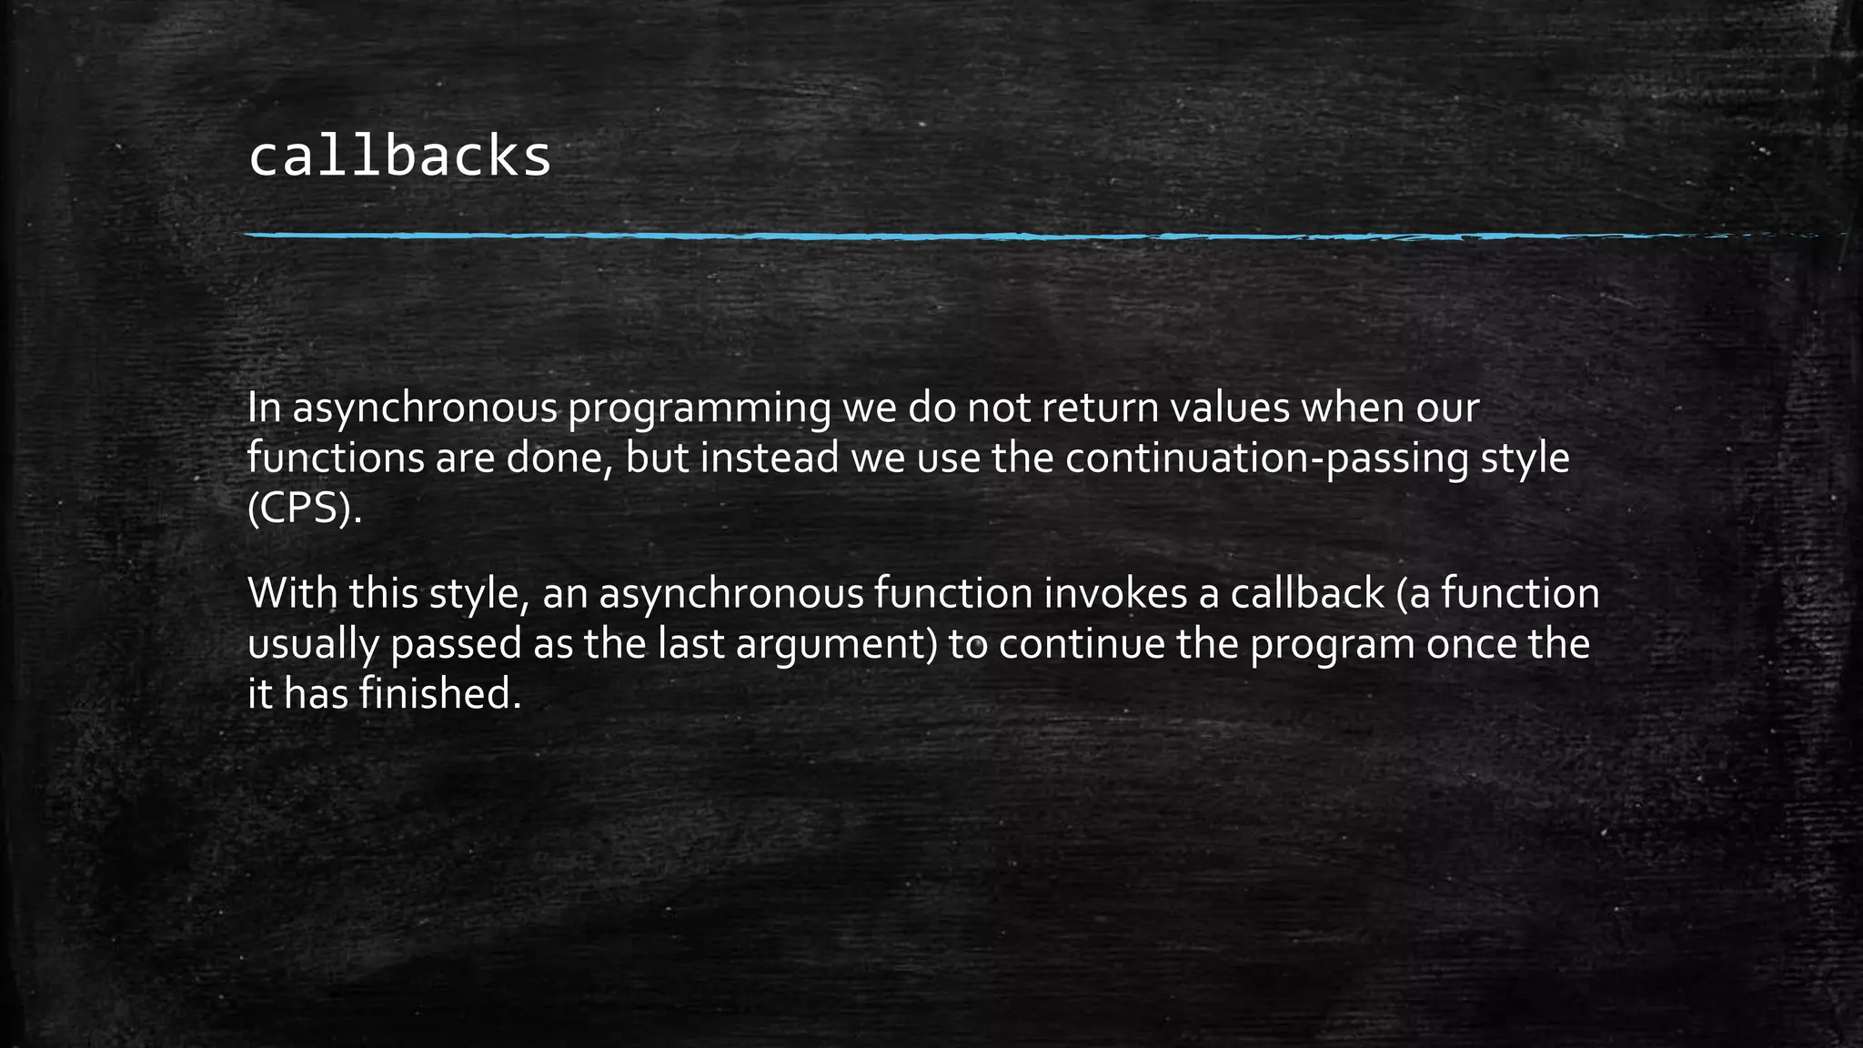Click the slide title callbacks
click(399, 156)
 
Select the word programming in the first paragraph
click(700, 408)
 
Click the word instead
click(769, 458)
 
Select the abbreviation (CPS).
click(305, 509)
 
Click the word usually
click(313, 644)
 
